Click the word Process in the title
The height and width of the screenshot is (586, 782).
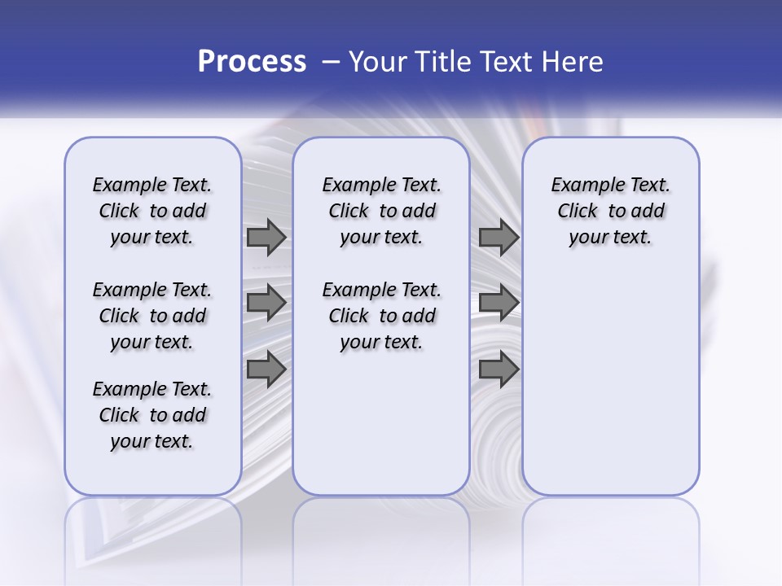click(252, 62)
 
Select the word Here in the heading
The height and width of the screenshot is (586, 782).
click(573, 62)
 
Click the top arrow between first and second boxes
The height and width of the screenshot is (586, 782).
click(266, 238)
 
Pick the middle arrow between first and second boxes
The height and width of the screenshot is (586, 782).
click(266, 302)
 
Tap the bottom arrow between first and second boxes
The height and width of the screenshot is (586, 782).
click(266, 369)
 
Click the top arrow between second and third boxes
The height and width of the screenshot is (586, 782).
click(499, 238)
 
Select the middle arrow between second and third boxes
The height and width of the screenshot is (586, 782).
click(499, 302)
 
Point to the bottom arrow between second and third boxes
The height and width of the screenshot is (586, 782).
click(499, 369)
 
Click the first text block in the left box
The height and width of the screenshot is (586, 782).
click(152, 211)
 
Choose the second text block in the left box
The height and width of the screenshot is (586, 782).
click(152, 316)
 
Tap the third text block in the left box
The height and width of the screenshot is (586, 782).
click(152, 415)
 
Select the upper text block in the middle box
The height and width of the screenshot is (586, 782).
click(381, 211)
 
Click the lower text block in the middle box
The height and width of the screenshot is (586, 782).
click(381, 316)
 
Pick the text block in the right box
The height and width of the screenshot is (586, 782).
click(610, 211)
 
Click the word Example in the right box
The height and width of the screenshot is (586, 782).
click(582, 186)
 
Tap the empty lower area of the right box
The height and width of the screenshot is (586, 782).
click(610, 383)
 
